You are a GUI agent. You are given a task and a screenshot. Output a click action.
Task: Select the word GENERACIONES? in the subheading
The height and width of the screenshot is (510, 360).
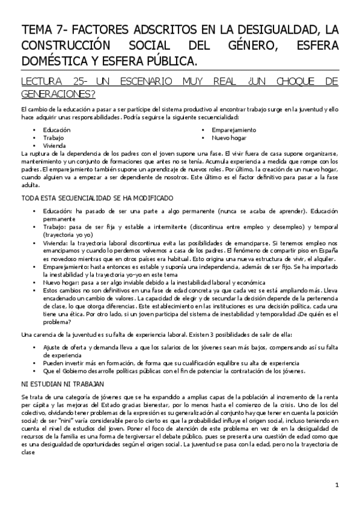[59, 94]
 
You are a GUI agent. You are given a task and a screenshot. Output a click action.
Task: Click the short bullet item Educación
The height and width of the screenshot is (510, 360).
[56, 130]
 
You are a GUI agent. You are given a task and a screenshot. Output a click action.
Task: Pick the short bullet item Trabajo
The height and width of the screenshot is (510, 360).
[53, 138]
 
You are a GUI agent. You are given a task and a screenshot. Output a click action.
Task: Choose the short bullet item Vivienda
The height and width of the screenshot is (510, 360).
[55, 146]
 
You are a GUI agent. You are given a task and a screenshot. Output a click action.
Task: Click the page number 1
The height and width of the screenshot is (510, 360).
[337, 485]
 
